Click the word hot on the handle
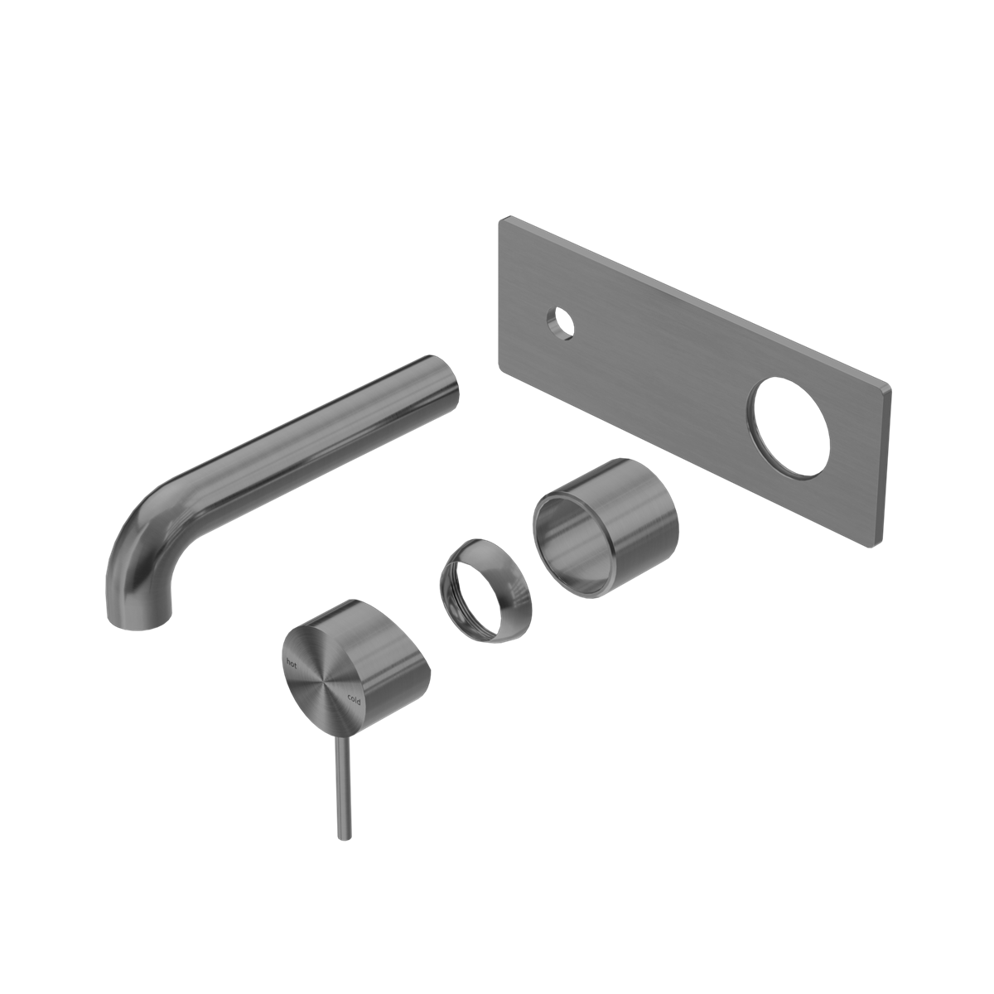(x=292, y=661)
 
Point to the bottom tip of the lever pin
(x=342, y=837)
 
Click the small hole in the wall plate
(x=561, y=322)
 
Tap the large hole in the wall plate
(x=788, y=427)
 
